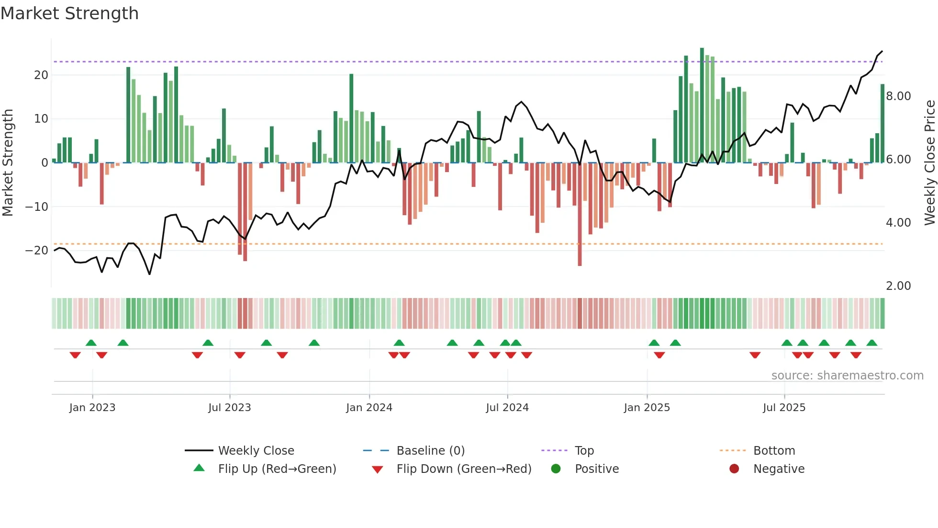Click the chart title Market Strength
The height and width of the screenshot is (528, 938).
click(x=69, y=13)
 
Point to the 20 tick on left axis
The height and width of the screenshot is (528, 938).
click(x=41, y=75)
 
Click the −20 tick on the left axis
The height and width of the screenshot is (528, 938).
click(x=37, y=251)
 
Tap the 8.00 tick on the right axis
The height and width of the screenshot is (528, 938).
click(x=898, y=96)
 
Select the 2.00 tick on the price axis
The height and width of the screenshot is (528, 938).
click(x=898, y=286)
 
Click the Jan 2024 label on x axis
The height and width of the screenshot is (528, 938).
click(x=369, y=408)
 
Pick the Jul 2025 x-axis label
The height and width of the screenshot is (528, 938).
click(x=784, y=408)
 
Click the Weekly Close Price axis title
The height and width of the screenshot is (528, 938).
click(x=929, y=163)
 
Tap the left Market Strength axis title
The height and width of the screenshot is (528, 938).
click(x=8, y=163)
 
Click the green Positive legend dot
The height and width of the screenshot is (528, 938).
click(x=556, y=469)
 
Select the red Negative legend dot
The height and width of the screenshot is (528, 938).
click(x=734, y=469)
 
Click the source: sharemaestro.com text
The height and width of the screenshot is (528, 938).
click(x=847, y=376)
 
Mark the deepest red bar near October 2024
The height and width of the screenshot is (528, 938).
click(x=580, y=216)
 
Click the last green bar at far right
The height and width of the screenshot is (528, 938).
click(x=882, y=124)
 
